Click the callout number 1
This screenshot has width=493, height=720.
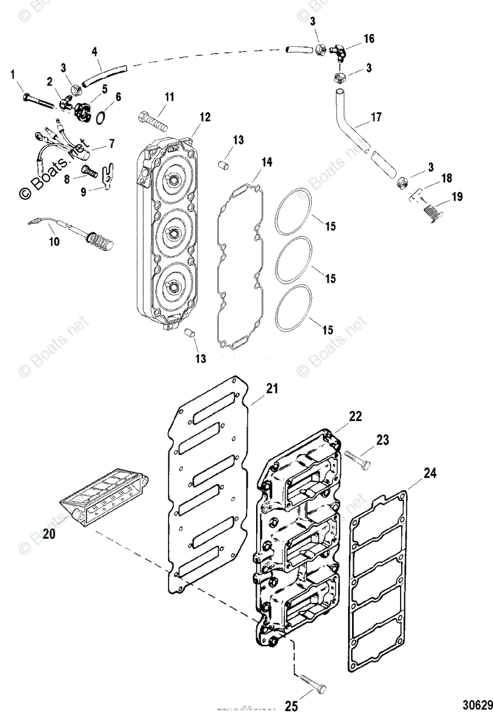[x=11, y=74]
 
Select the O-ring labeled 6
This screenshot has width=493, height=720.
[x=102, y=115]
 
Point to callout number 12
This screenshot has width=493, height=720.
[x=205, y=117]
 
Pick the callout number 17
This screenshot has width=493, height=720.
[x=376, y=117]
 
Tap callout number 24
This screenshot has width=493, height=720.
[x=429, y=473]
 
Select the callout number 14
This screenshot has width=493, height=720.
[x=266, y=162]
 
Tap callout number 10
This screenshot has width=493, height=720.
[x=55, y=241]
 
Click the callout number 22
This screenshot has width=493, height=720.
[x=356, y=416]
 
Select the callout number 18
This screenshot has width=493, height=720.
[x=447, y=178]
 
